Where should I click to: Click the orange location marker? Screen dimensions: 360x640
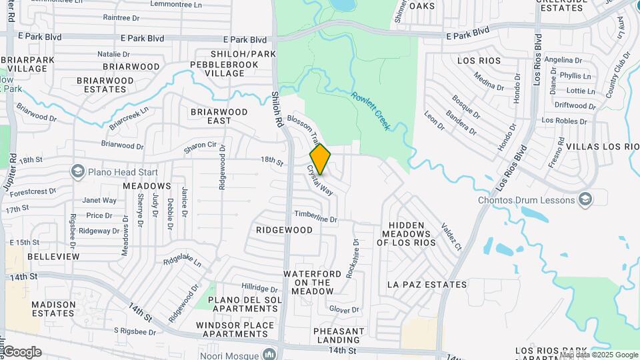[320, 159]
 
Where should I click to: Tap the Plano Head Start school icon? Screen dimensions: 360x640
[78, 172]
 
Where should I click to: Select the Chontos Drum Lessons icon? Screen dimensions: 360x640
[585, 200]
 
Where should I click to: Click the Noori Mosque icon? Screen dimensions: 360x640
[269, 353]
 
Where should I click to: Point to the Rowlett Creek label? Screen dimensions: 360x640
[370, 109]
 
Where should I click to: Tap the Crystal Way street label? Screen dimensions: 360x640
[320, 181]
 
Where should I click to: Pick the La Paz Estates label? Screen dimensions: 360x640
[427, 285]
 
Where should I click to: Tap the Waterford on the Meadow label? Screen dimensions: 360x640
[307, 283]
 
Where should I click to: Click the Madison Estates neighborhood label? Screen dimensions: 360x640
[54, 309]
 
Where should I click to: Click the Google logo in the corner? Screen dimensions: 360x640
[22, 352]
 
